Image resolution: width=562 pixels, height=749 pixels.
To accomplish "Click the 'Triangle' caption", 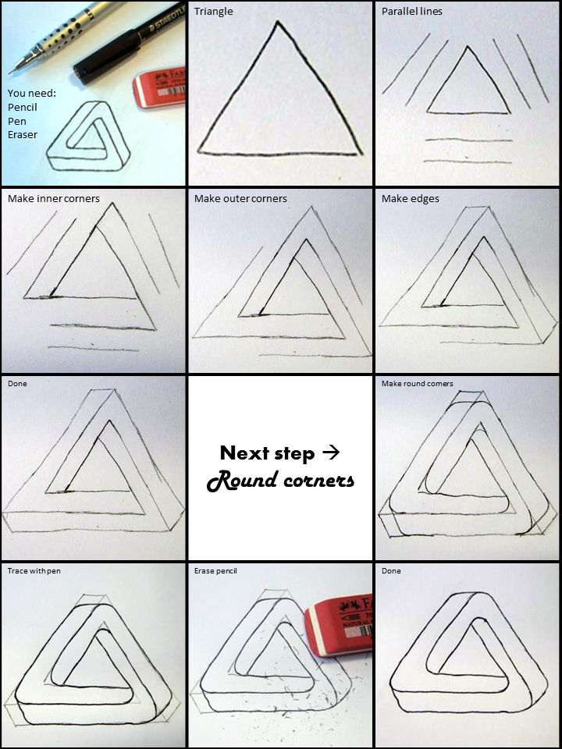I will [213, 12].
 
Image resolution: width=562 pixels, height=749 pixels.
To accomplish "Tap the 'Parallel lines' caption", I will [412, 12].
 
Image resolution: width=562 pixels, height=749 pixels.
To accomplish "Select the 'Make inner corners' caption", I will [54, 199].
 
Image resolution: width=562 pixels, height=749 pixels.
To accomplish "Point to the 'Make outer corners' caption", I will [240, 199].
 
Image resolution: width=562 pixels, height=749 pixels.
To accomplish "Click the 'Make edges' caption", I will [411, 199].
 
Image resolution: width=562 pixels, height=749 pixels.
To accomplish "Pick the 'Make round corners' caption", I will [418, 384].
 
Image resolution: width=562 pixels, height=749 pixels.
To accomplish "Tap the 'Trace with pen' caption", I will [34, 571].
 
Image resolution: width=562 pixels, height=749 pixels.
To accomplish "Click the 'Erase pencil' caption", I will [215, 571].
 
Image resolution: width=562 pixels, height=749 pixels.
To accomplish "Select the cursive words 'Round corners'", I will [280, 480].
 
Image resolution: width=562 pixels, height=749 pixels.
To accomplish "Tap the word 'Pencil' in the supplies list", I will [23, 107].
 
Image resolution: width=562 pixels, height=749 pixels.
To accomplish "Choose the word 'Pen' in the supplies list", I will [17, 121].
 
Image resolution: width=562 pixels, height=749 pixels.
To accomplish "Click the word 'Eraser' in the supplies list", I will [23, 135].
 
